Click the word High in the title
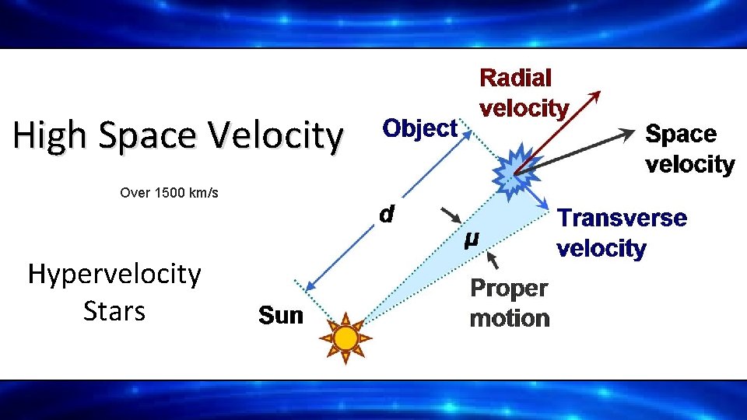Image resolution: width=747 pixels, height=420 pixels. pyautogui.click(x=47, y=136)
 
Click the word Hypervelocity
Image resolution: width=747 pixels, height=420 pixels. pyautogui.click(x=114, y=274)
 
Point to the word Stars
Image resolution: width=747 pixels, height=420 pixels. pyautogui.click(x=114, y=311)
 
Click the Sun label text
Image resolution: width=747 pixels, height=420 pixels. pyautogui.click(x=280, y=316)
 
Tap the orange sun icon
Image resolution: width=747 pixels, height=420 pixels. pyautogui.click(x=345, y=338)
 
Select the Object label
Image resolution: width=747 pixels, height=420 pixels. pyautogui.click(x=419, y=128)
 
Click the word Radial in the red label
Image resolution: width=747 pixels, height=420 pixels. pyautogui.click(x=516, y=78)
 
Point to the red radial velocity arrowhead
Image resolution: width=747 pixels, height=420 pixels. pyautogui.click(x=595, y=96)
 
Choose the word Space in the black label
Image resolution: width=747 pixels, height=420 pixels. pyautogui.click(x=681, y=135)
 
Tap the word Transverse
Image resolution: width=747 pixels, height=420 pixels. pyautogui.click(x=622, y=219)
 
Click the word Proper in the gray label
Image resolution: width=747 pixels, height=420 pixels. pyautogui.click(x=509, y=289)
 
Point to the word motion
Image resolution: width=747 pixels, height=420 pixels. pyautogui.click(x=509, y=318)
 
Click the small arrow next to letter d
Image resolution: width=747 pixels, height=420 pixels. pyautogui.click(x=450, y=214)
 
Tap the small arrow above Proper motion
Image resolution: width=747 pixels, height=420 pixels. pyautogui.click(x=491, y=260)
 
